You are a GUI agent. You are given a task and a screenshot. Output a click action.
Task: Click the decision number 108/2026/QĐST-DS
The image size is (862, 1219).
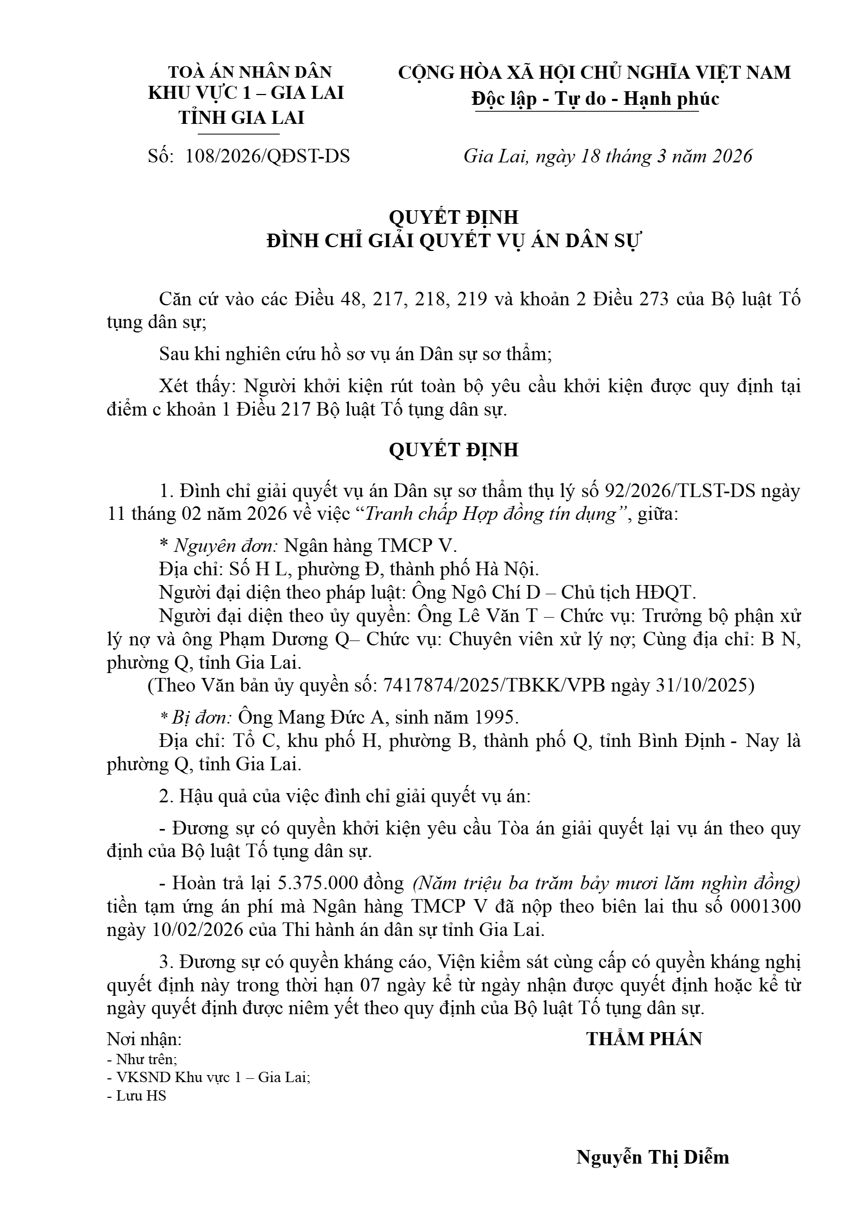click(267, 156)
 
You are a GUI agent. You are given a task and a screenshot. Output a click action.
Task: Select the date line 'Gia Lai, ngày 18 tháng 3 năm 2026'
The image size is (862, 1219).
click(608, 156)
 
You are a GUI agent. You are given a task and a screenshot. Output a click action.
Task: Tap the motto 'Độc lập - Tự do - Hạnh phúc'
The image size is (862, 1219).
click(595, 99)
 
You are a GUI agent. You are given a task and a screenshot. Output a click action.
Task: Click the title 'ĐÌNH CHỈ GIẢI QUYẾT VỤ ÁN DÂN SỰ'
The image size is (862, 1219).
click(453, 241)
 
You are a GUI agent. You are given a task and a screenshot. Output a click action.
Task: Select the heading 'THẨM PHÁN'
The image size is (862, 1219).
click(644, 1039)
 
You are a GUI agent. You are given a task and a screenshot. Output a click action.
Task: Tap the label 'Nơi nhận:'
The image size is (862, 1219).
click(145, 1039)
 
